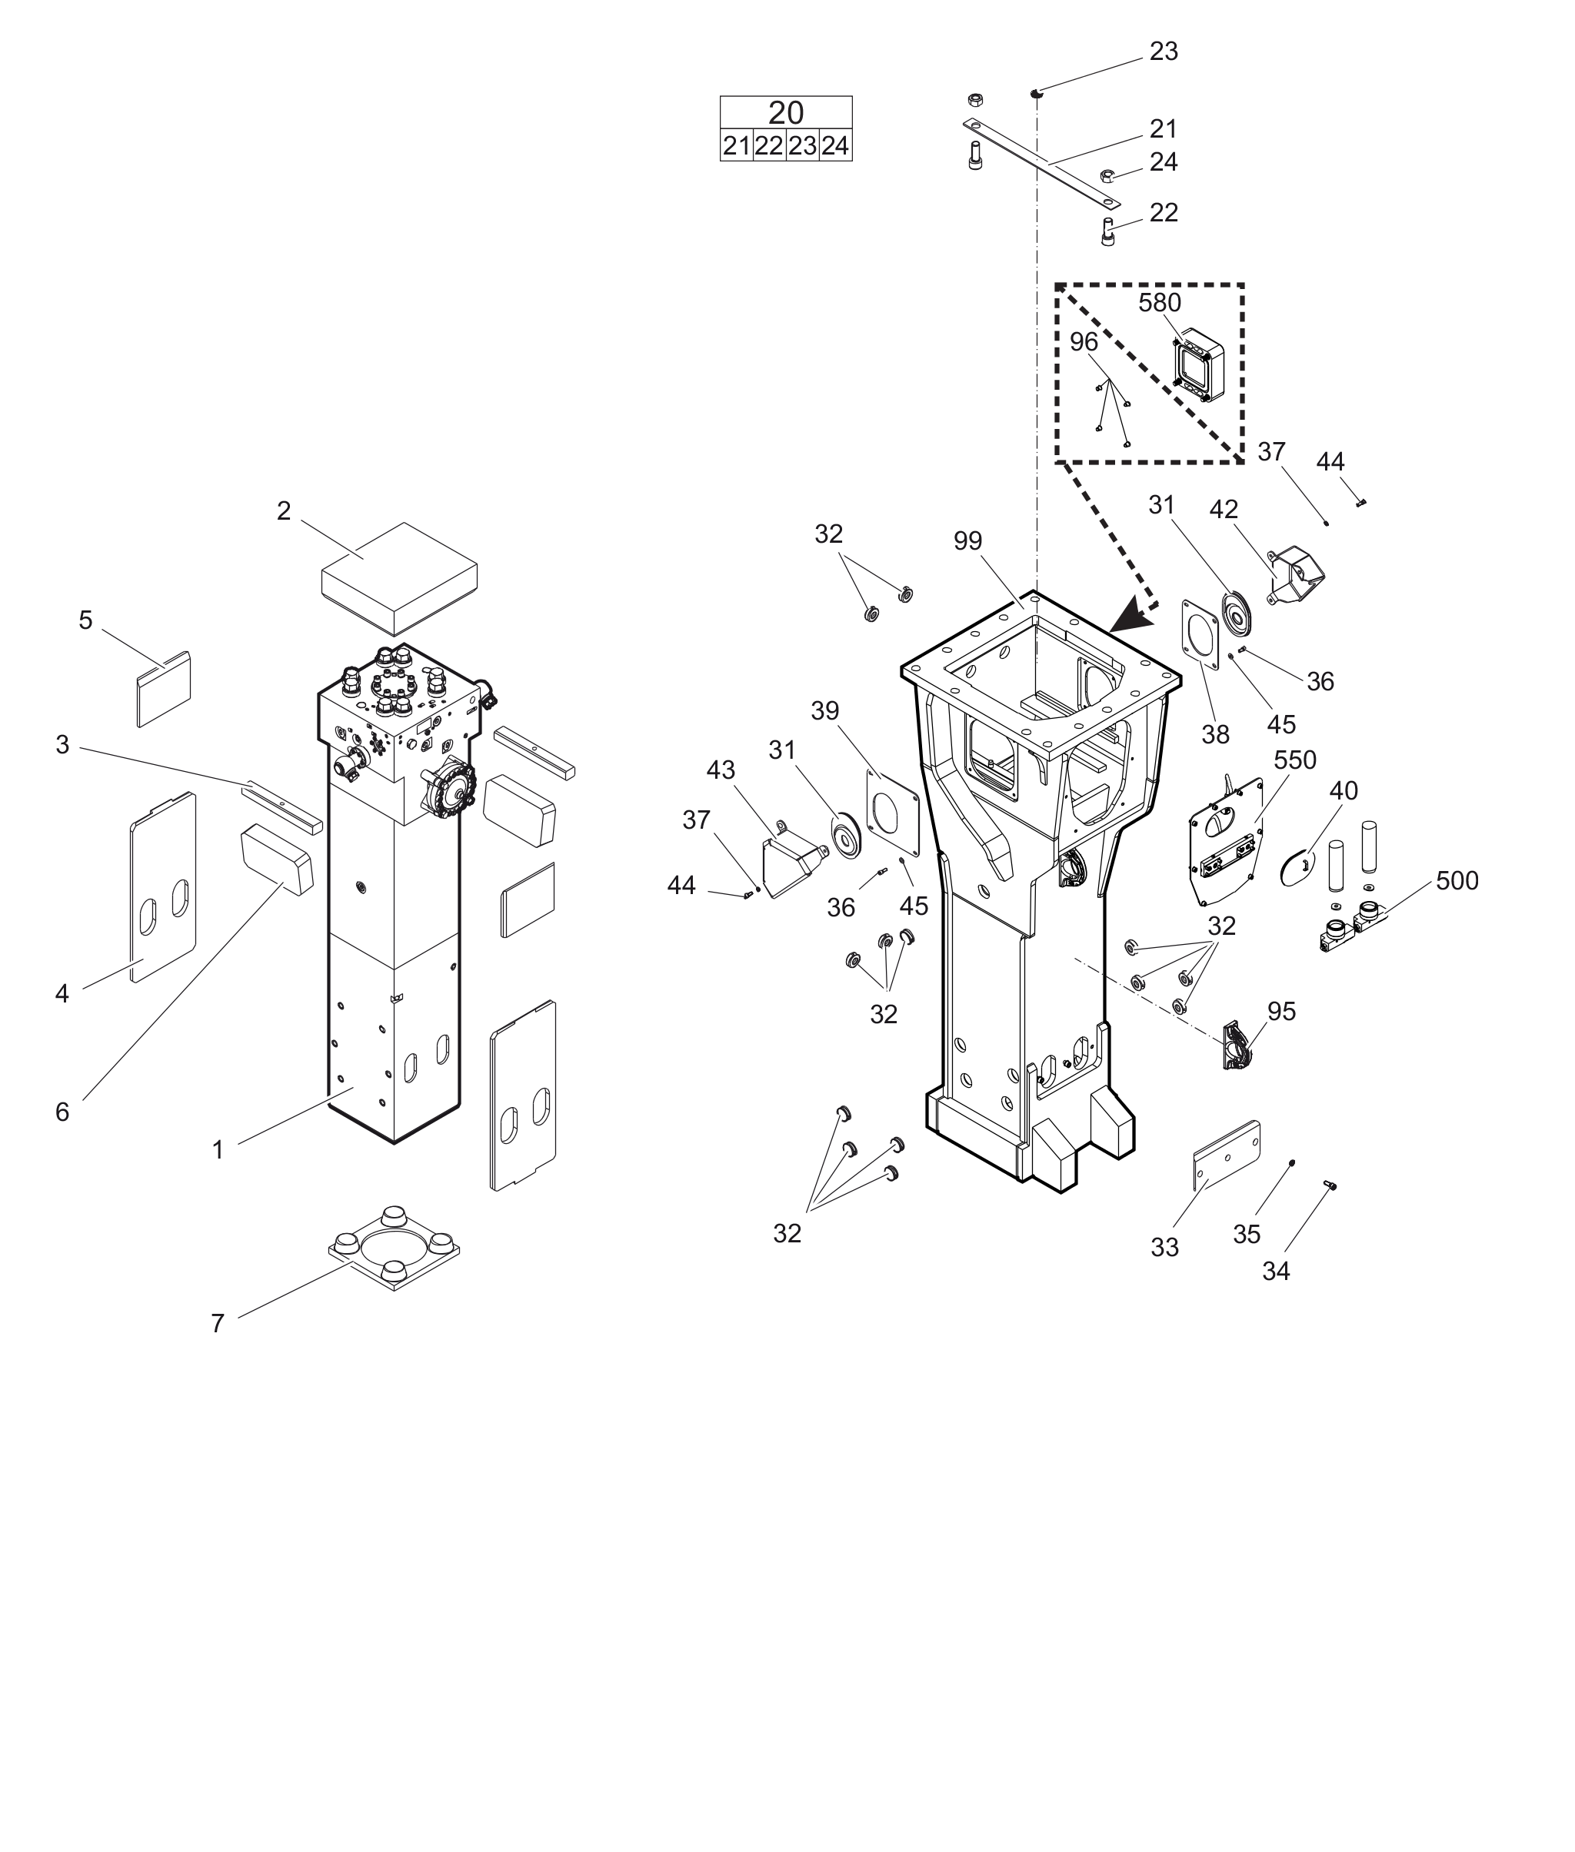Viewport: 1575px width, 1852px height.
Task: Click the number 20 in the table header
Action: coord(786,113)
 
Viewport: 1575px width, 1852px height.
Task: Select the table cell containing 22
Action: coord(769,146)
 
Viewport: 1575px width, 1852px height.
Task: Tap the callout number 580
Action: coord(1159,304)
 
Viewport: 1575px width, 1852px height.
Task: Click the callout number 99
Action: coord(968,542)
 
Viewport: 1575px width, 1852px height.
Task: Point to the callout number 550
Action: coord(1294,760)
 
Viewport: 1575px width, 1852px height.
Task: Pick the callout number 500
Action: coord(1457,881)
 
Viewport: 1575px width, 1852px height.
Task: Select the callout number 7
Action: coord(218,1324)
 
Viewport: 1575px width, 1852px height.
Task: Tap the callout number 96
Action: coord(1084,343)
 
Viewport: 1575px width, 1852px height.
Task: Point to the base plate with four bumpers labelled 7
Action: coord(394,1248)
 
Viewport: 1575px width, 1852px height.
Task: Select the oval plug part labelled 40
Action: coord(1297,866)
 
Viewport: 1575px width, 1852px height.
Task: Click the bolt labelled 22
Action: coord(1108,233)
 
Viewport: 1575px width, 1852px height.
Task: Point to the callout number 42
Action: coord(1224,510)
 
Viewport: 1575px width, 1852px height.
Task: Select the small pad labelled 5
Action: coord(163,688)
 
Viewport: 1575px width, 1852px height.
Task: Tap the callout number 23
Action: coord(1164,52)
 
